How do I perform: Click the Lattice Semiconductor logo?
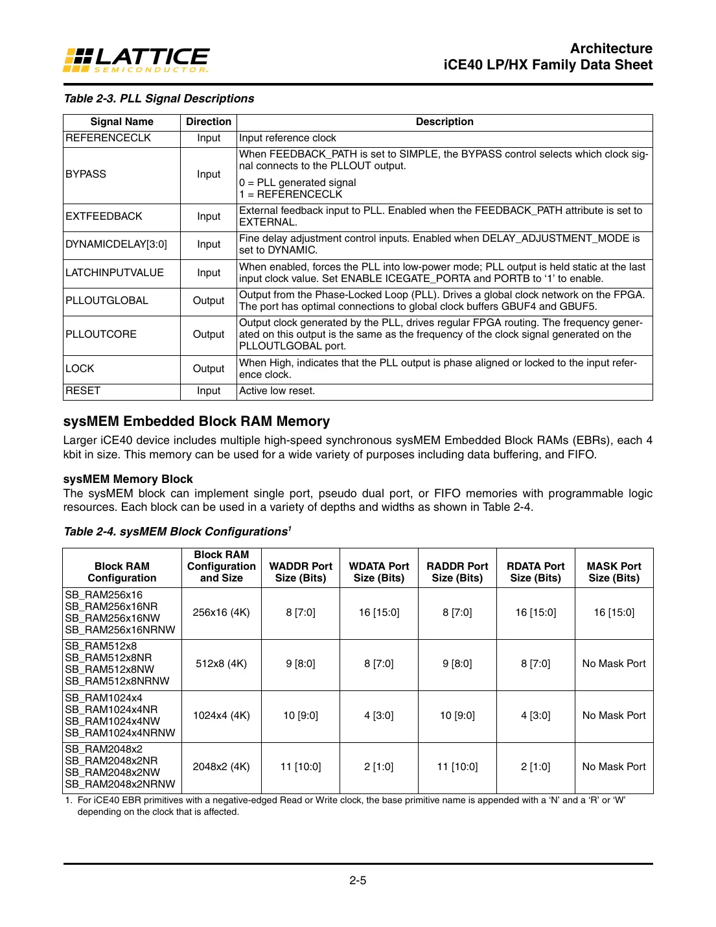(136, 60)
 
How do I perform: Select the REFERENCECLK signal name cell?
(108, 138)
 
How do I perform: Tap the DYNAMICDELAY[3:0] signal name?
(116, 244)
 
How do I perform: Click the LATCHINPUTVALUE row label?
(115, 273)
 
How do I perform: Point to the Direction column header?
(208, 122)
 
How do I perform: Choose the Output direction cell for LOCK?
(208, 369)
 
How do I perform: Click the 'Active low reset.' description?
(277, 391)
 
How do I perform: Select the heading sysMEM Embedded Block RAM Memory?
(196, 421)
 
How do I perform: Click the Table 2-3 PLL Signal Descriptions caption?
(159, 99)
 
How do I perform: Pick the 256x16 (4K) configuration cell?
(221, 613)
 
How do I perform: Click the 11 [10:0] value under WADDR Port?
(301, 767)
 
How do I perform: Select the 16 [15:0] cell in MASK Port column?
(614, 613)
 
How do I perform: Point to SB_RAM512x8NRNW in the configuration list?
(117, 681)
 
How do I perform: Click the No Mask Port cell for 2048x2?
(614, 767)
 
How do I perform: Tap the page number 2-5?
(358, 880)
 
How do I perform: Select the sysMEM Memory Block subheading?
(128, 479)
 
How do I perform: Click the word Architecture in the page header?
(610, 49)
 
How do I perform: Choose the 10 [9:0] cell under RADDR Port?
(457, 716)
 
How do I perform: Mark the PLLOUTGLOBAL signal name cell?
(107, 301)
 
